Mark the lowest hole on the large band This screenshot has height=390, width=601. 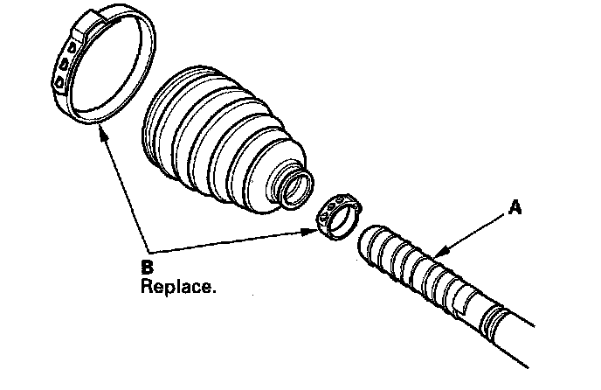click(x=59, y=81)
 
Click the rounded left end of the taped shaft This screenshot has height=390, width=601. click(x=368, y=244)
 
